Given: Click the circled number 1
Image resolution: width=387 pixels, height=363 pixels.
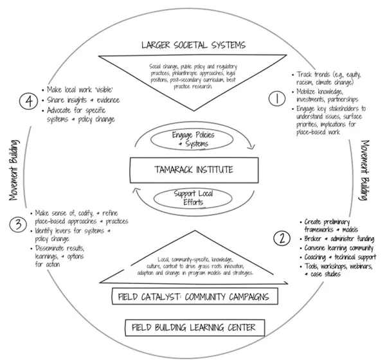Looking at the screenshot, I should click(x=274, y=99).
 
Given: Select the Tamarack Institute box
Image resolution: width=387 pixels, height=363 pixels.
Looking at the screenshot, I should click(x=194, y=170).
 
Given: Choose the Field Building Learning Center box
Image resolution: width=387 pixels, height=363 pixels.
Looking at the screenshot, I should click(x=192, y=328).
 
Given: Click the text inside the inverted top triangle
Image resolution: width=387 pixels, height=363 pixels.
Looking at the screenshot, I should click(x=192, y=75).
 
